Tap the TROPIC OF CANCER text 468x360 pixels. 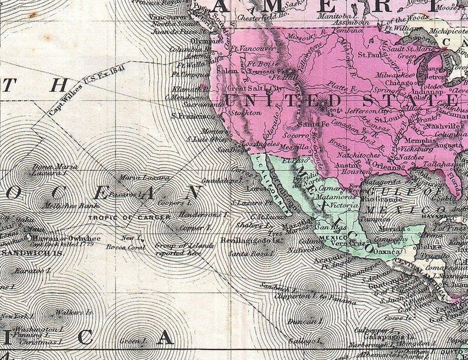pos(117,217)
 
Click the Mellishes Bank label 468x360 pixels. pos(63,206)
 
